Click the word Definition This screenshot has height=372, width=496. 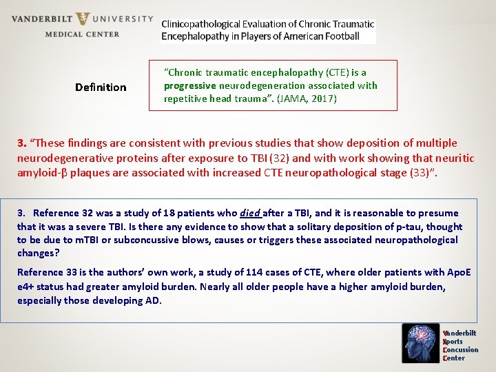101,87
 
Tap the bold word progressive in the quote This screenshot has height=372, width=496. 189,85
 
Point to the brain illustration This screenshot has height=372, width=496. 421,343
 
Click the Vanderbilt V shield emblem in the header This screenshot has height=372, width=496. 82,19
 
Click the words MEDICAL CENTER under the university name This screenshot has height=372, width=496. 82,34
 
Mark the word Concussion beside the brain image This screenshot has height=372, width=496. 461,350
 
